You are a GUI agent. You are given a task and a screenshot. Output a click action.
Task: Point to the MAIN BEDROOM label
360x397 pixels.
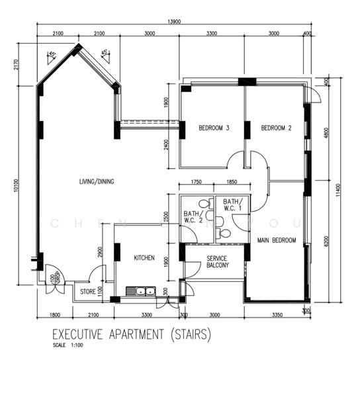(277, 240)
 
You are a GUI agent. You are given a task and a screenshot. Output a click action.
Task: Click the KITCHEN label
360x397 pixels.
(145, 258)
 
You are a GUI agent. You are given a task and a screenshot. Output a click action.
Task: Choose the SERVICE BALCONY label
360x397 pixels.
(218, 261)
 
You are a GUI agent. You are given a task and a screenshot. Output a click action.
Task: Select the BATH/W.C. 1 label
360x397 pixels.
(233, 205)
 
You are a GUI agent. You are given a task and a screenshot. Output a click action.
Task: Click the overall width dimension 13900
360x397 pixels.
(175, 22)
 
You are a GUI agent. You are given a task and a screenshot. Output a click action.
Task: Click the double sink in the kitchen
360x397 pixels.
(141, 290)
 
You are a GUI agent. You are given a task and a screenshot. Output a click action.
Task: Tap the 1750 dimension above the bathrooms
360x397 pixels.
(197, 182)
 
